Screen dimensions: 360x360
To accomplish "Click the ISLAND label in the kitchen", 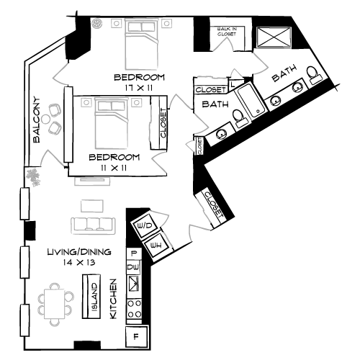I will pyautogui.click(x=94, y=296).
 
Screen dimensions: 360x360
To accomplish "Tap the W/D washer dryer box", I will pyautogui.click(x=145, y=227).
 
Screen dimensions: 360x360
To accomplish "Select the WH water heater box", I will pyautogui.click(x=157, y=247).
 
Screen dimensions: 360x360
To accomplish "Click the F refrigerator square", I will pyautogui.click(x=135, y=336).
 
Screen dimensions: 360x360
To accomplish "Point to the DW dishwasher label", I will pyautogui.click(x=133, y=268).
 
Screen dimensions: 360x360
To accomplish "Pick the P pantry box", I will pyautogui.click(x=134, y=253).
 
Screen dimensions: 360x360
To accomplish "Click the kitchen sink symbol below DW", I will pyautogui.click(x=134, y=284).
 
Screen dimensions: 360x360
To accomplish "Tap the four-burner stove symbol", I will pyautogui.click(x=134, y=308).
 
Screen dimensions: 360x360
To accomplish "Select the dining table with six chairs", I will pyautogui.click(x=55, y=303).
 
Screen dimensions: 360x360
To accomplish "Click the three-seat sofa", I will pyautogui.click(x=93, y=225).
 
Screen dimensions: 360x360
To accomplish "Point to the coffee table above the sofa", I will pyautogui.click(x=92, y=206).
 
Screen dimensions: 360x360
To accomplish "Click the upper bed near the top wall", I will pyautogui.click(x=141, y=44).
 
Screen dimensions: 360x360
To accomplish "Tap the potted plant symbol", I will pyautogui.click(x=32, y=174).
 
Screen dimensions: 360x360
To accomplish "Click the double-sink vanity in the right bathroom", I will pyautogui.click(x=285, y=95).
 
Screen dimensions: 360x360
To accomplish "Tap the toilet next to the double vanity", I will pyautogui.click(x=313, y=75).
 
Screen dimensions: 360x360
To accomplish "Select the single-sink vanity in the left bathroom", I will pyautogui.click(x=221, y=135).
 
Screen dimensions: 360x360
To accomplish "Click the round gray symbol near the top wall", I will pyautogui.click(x=96, y=23).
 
